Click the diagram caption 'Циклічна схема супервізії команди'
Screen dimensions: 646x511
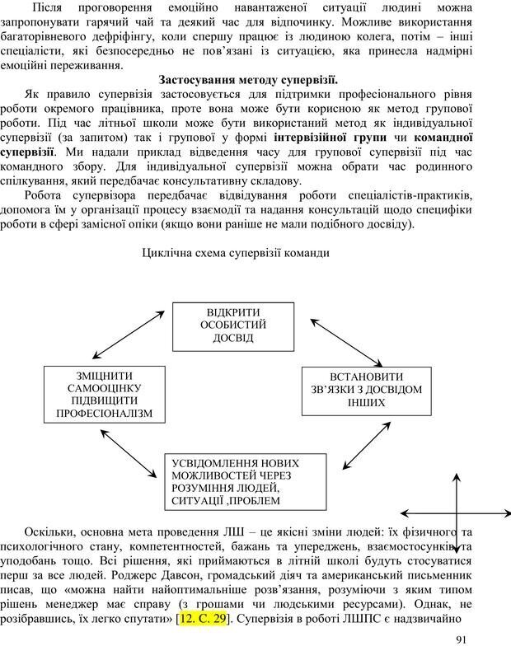pyautogui.click(x=237, y=253)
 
